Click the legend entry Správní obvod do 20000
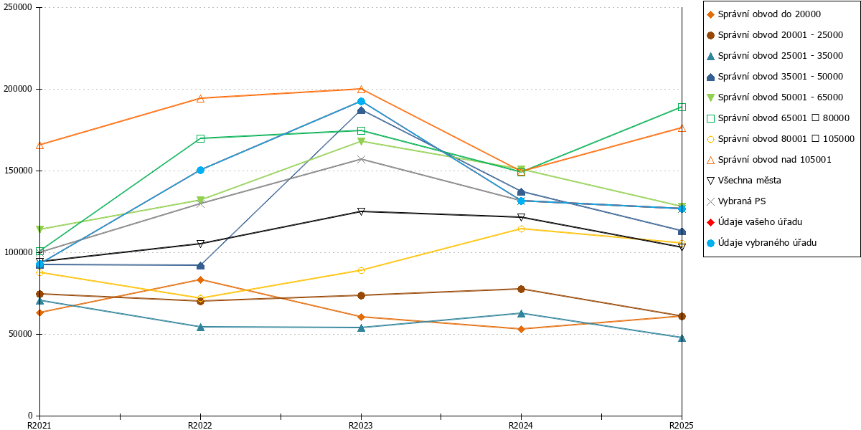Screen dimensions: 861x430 (763, 14)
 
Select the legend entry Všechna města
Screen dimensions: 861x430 (744, 181)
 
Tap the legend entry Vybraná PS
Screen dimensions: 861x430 (736, 201)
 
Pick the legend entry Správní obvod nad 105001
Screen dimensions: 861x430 (768, 160)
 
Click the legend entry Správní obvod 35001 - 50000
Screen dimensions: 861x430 (775, 77)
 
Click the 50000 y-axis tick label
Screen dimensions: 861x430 (20, 334)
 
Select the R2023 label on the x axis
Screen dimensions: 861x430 (360, 425)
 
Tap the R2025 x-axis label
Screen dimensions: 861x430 (682, 425)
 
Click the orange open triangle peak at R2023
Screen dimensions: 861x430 (361, 90)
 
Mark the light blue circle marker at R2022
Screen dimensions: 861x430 (200, 170)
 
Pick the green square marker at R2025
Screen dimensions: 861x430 (682, 107)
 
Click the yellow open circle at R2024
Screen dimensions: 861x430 (521, 229)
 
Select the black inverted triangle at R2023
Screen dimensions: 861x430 (361, 211)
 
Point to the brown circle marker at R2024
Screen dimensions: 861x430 (521, 289)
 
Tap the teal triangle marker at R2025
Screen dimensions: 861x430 (682, 338)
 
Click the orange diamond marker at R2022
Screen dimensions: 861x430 (200, 280)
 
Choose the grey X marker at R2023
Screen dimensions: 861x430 (361, 159)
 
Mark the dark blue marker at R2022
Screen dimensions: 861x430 (200, 266)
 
